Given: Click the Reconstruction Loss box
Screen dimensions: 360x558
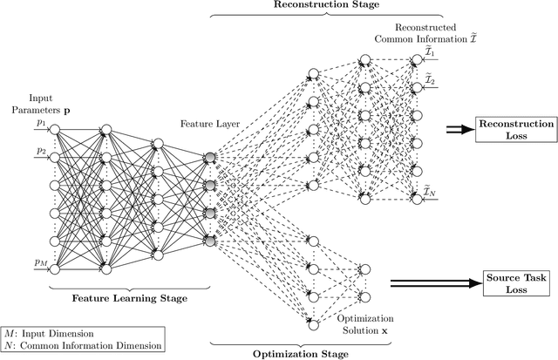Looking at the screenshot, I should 514,130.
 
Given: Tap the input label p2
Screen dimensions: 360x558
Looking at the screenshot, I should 40,151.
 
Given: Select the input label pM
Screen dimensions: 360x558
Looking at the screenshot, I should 40,261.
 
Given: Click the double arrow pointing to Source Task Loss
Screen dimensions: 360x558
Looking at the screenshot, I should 432,282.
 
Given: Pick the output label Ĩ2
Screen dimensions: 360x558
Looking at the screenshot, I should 429,80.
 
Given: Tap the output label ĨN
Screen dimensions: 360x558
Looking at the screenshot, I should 429,191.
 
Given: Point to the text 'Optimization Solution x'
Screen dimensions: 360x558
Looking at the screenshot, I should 366,323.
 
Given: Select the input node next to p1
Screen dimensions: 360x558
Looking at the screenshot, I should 55,130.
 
